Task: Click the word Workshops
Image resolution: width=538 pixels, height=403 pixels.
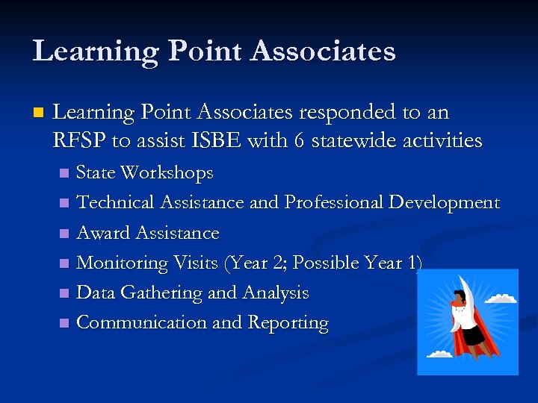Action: click(166, 173)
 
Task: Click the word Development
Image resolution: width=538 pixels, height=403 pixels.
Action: click(444, 203)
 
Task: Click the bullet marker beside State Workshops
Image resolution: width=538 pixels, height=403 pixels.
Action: click(65, 174)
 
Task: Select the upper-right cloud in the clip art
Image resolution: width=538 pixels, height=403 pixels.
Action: click(501, 298)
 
